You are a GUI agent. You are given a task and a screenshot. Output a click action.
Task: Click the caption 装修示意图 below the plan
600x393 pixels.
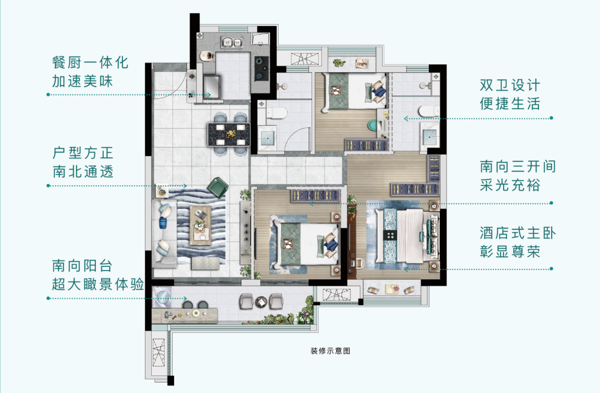tap(330, 351)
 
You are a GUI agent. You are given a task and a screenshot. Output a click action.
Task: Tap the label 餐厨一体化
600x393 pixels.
tap(90, 62)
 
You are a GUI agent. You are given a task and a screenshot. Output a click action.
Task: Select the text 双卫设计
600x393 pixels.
tap(509, 85)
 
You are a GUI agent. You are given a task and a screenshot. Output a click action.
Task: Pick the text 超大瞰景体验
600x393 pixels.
tap(97, 284)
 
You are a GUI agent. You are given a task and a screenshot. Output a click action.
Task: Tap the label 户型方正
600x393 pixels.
tap(83, 153)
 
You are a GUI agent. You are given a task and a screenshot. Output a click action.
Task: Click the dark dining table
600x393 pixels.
tap(230, 134)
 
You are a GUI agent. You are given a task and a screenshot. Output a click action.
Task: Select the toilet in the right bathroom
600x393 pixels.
tap(427, 112)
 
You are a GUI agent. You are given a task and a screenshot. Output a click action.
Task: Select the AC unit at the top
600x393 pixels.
tap(301, 59)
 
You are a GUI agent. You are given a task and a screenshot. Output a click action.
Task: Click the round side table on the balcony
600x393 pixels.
tap(260, 301)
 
